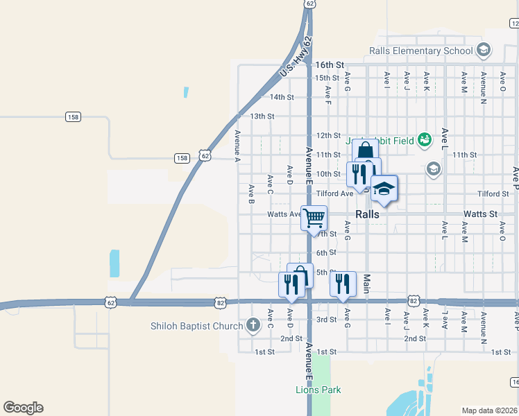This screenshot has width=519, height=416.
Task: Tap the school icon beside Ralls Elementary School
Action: tap(484, 50)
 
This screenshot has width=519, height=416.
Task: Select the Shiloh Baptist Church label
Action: tap(197, 325)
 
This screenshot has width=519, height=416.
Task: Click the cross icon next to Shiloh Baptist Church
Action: tap(253, 324)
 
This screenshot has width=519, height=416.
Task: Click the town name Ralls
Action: tap(367, 214)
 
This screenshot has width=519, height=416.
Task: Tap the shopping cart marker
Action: tap(314, 217)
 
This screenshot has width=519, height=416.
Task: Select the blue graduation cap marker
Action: tap(384, 188)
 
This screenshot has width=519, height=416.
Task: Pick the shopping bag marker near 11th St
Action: tap(365, 151)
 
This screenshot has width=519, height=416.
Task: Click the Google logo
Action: tap(23, 408)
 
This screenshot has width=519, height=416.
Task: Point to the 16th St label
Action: tap(330, 64)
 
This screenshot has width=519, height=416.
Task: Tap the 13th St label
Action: tap(262, 116)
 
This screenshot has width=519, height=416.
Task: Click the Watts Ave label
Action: tap(284, 214)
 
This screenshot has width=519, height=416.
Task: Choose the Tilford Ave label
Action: tap(334, 194)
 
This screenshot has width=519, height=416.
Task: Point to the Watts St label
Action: tap(481, 214)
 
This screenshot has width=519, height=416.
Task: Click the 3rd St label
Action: tap(326, 320)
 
